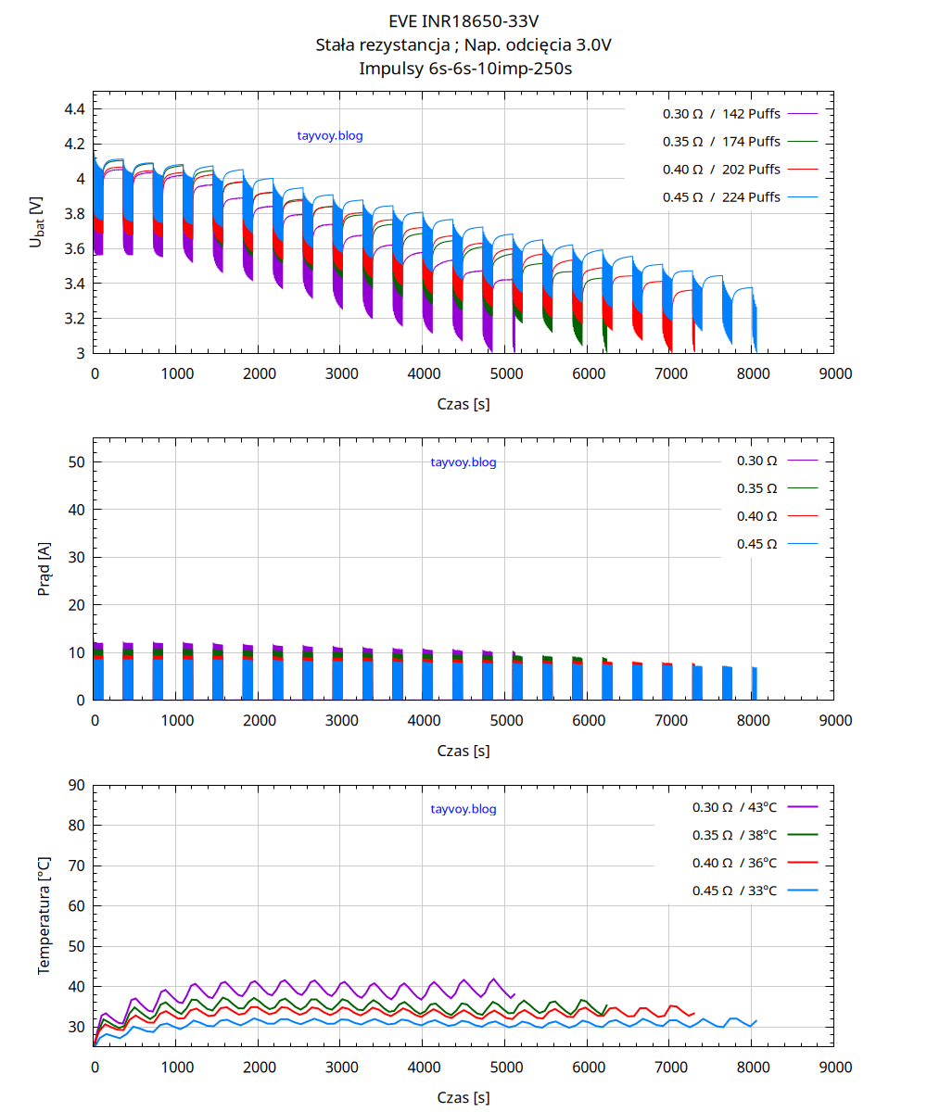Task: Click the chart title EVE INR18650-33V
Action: (x=463, y=19)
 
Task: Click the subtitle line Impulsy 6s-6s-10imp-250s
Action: (x=463, y=68)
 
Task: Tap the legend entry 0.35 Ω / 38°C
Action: (x=735, y=835)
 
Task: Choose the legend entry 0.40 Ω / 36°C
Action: (x=735, y=863)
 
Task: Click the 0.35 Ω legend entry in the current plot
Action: (x=756, y=488)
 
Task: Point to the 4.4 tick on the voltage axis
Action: (x=74, y=109)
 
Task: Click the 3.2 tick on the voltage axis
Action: (x=74, y=319)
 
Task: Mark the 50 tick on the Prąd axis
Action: (x=77, y=462)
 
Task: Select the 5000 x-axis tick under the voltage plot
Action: (x=505, y=373)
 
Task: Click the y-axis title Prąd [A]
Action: (x=44, y=569)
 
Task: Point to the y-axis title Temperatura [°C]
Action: (x=44, y=915)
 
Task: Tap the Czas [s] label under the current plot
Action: (x=463, y=752)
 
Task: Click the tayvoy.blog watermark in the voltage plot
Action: (x=330, y=136)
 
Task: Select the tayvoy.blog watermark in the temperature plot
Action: (x=463, y=809)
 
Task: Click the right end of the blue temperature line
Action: (x=756, y=1021)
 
